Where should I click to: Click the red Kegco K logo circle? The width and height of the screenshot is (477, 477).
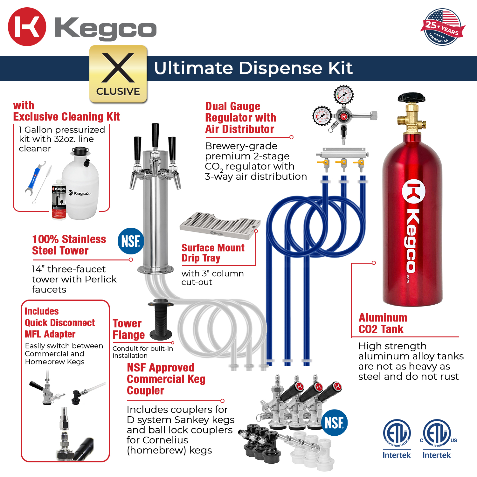click(x=27, y=27)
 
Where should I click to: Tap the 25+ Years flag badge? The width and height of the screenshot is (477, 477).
click(x=443, y=27)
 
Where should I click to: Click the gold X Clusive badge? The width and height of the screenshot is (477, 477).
click(x=118, y=74)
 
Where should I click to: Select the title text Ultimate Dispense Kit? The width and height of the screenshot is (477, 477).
click(x=253, y=68)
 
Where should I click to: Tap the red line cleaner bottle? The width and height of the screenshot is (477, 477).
click(x=59, y=203)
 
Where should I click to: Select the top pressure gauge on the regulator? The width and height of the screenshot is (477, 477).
click(x=343, y=95)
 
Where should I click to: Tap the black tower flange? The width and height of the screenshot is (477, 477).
click(x=161, y=319)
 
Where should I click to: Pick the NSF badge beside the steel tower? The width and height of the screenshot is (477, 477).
click(x=131, y=241)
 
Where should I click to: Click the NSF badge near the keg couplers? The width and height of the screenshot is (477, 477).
click(x=334, y=423)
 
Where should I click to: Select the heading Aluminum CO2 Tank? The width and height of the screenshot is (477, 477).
click(x=383, y=323)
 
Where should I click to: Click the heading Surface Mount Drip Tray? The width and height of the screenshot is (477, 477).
click(x=213, y=253)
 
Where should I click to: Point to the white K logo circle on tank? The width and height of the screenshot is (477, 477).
click(x=414, y=192)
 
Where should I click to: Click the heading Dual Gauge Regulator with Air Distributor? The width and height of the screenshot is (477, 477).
click(x=240, y=118)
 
